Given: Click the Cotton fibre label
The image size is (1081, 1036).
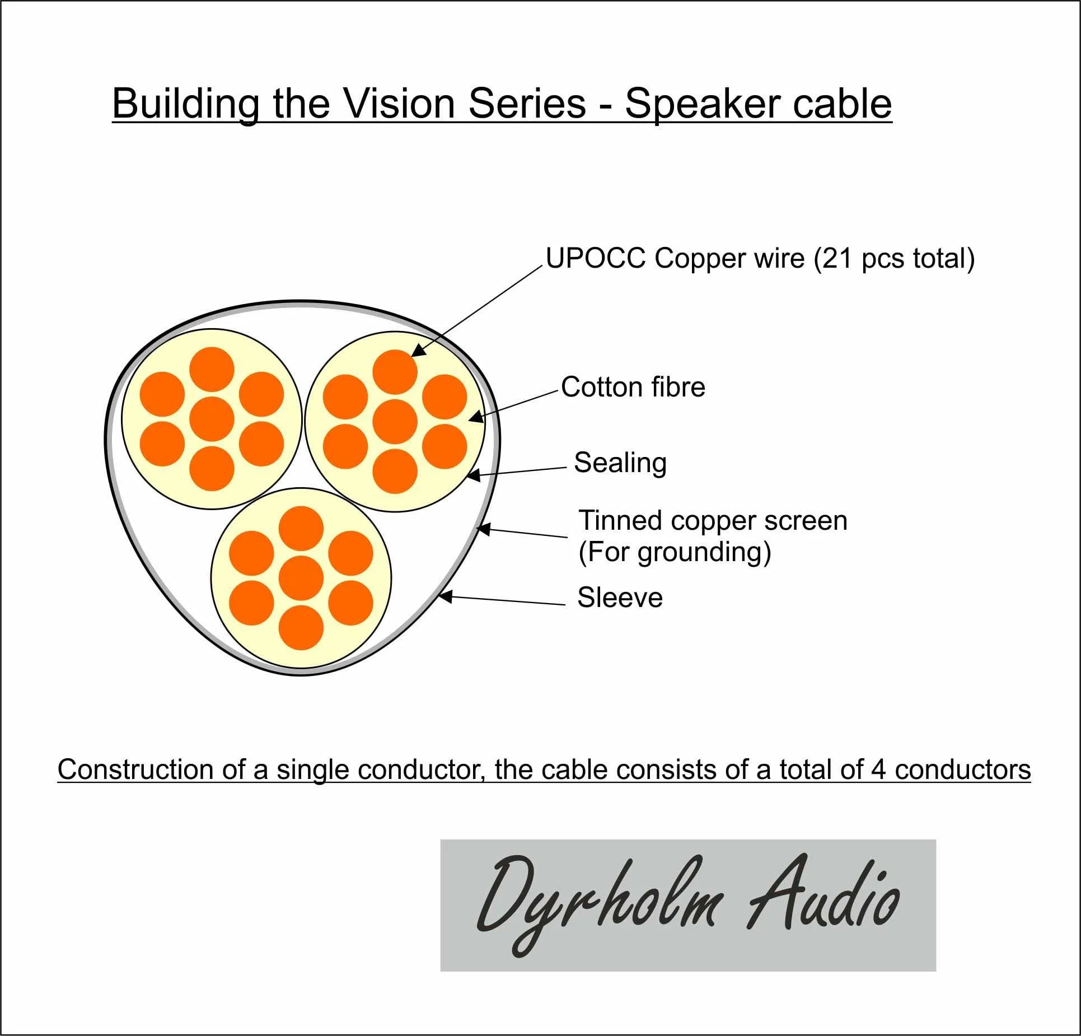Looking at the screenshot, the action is coord(633,387).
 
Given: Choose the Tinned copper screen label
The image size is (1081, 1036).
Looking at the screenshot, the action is coord(713,520).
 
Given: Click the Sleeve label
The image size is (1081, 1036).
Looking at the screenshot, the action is coord(620,598).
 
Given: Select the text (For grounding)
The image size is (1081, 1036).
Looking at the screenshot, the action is coord(675,552).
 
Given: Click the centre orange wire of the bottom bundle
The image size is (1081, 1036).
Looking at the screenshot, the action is coord(301,578).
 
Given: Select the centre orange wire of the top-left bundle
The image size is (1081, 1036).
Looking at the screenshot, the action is coord(212,419).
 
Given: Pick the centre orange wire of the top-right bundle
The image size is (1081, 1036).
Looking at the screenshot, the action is coord(395,422).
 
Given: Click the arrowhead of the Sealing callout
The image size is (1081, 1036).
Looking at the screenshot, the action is coord(473,475).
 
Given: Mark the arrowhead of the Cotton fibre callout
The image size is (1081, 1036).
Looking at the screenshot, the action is coord(475,417).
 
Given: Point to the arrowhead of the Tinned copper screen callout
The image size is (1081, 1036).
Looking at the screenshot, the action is coord(483,529).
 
